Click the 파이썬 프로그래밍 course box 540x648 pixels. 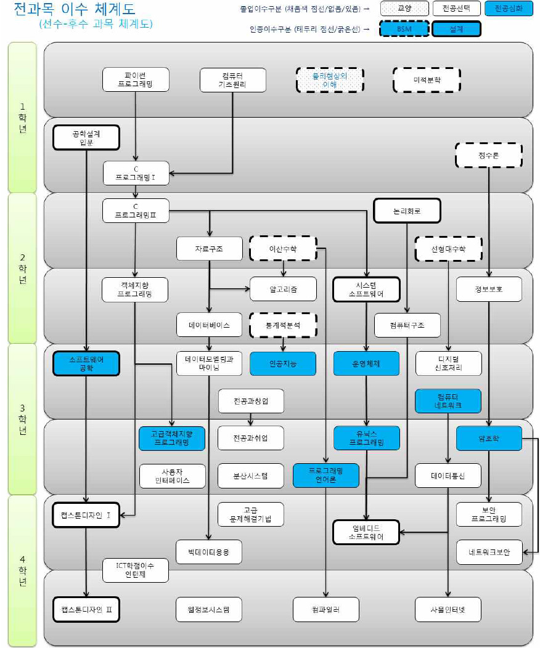pos(136,79)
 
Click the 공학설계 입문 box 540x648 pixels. pos(86,138)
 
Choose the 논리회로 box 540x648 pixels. pos(407,211)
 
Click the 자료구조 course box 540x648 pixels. pos(210,248)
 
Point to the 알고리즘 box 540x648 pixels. pos(283,288)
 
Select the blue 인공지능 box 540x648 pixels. pos(283,363)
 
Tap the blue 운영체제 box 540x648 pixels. pos(366,363)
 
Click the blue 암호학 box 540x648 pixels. pos(489,438)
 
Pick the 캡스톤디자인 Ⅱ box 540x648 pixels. pos(86,610)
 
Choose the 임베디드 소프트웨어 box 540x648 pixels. pos(366,532)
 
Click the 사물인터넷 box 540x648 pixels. pos(448,610)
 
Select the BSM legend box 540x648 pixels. pos(405,29)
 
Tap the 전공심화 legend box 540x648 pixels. pos(509,9)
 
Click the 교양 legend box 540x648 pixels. pos(405,9)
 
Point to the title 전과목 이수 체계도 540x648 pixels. pos(74,10)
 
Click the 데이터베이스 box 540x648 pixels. pos(210,325)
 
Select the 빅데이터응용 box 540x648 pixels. pos(210,552)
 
